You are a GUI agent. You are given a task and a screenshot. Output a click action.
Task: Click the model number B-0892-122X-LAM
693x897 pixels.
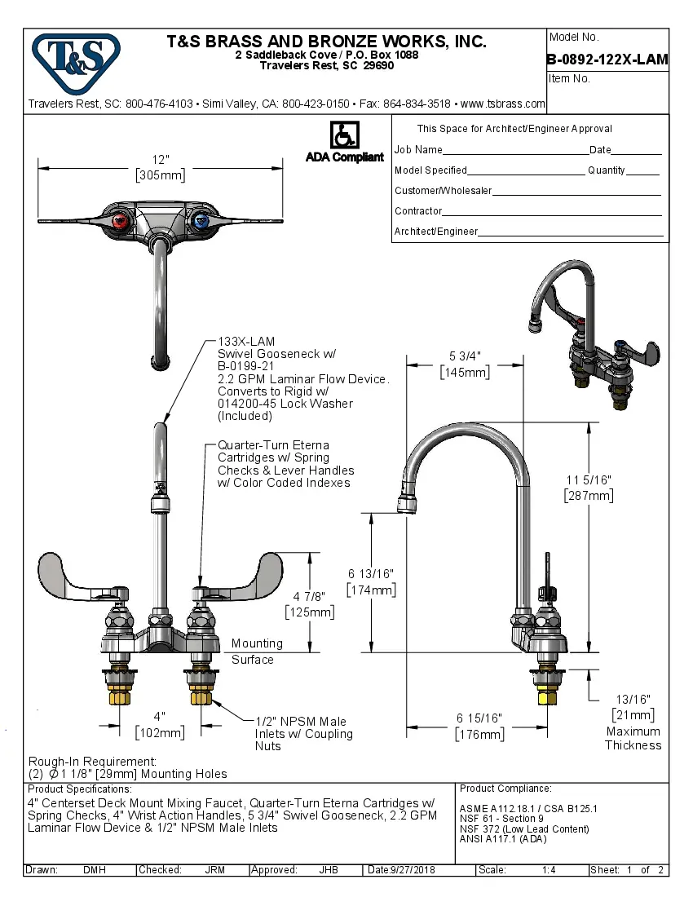(607, 59)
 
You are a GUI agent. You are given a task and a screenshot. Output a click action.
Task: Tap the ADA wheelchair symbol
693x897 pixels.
(343, 135)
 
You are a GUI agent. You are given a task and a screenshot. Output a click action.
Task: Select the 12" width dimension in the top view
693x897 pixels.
(161, 161)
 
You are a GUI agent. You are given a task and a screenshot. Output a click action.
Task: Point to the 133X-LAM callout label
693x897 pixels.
(246, 341)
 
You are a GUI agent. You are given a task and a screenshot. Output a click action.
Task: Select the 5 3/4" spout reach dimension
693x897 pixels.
(465, 356)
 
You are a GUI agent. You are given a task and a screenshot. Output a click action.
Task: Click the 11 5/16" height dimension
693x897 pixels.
(588, 480)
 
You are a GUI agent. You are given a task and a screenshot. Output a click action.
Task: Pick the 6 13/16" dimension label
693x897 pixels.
(372, 574)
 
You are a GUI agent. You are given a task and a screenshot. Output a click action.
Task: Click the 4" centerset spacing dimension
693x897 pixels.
(161, 716)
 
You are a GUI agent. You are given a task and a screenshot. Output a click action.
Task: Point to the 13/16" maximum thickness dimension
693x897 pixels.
(633, 700)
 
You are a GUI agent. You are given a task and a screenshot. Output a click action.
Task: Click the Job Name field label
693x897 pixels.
(418, 150)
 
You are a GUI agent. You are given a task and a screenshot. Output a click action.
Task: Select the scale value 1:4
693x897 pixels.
(549, 870)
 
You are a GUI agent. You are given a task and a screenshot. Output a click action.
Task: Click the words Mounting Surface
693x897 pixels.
(256, 651)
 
